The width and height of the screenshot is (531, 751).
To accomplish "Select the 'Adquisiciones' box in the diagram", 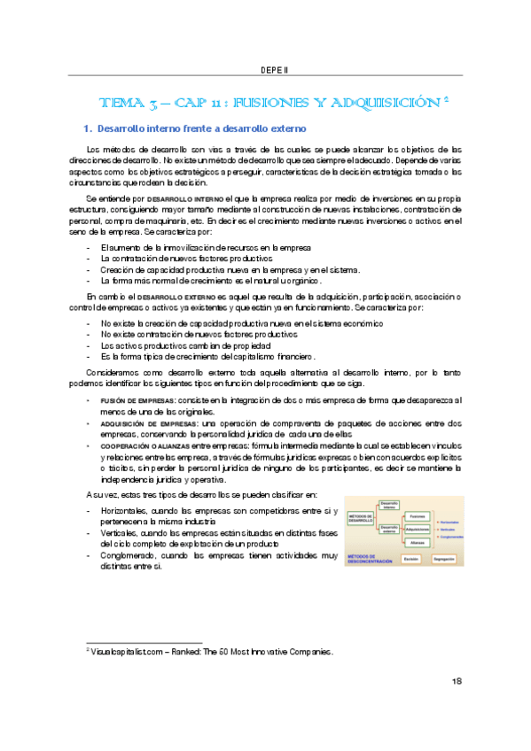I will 417,529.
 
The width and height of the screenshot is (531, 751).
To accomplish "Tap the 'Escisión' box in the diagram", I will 410,560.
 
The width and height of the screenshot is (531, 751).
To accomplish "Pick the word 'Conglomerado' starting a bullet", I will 129,555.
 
